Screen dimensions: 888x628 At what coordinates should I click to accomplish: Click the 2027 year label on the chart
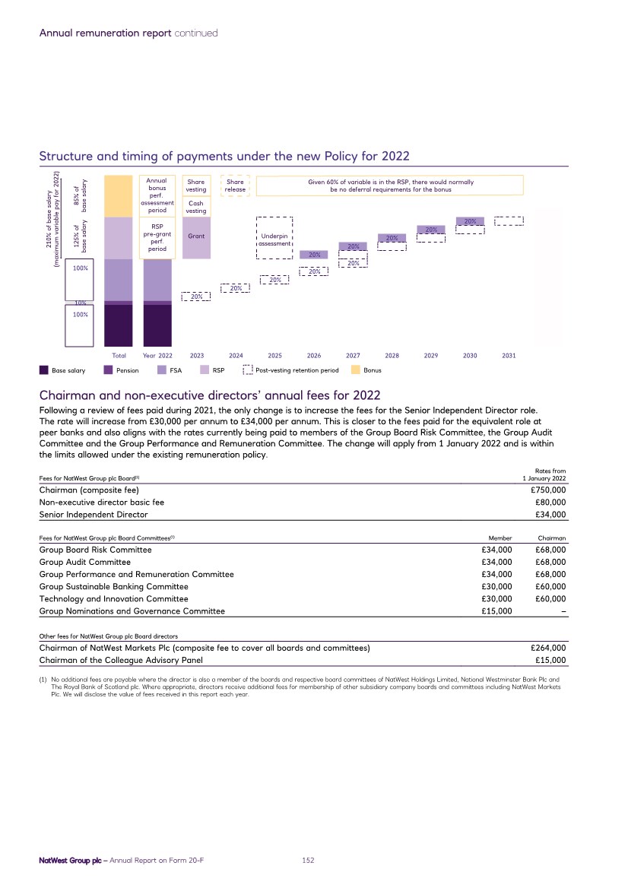(x=353, y=355)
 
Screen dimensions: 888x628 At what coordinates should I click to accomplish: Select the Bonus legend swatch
(x=356, y=370)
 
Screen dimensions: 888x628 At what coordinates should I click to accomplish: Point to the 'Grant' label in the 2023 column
(x=196, y=236)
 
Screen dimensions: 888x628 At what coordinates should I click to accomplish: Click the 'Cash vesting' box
(x=196, y=208)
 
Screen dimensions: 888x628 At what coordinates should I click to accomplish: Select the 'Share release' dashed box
(x=235, y=186)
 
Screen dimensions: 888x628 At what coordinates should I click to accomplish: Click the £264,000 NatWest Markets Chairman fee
(x=547, y=648)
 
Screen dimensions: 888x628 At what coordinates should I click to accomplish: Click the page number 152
(x=308, y=860)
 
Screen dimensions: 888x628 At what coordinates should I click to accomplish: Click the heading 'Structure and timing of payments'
(x=224, y=157)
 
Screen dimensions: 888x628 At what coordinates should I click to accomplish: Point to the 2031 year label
(x=509, y=355)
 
